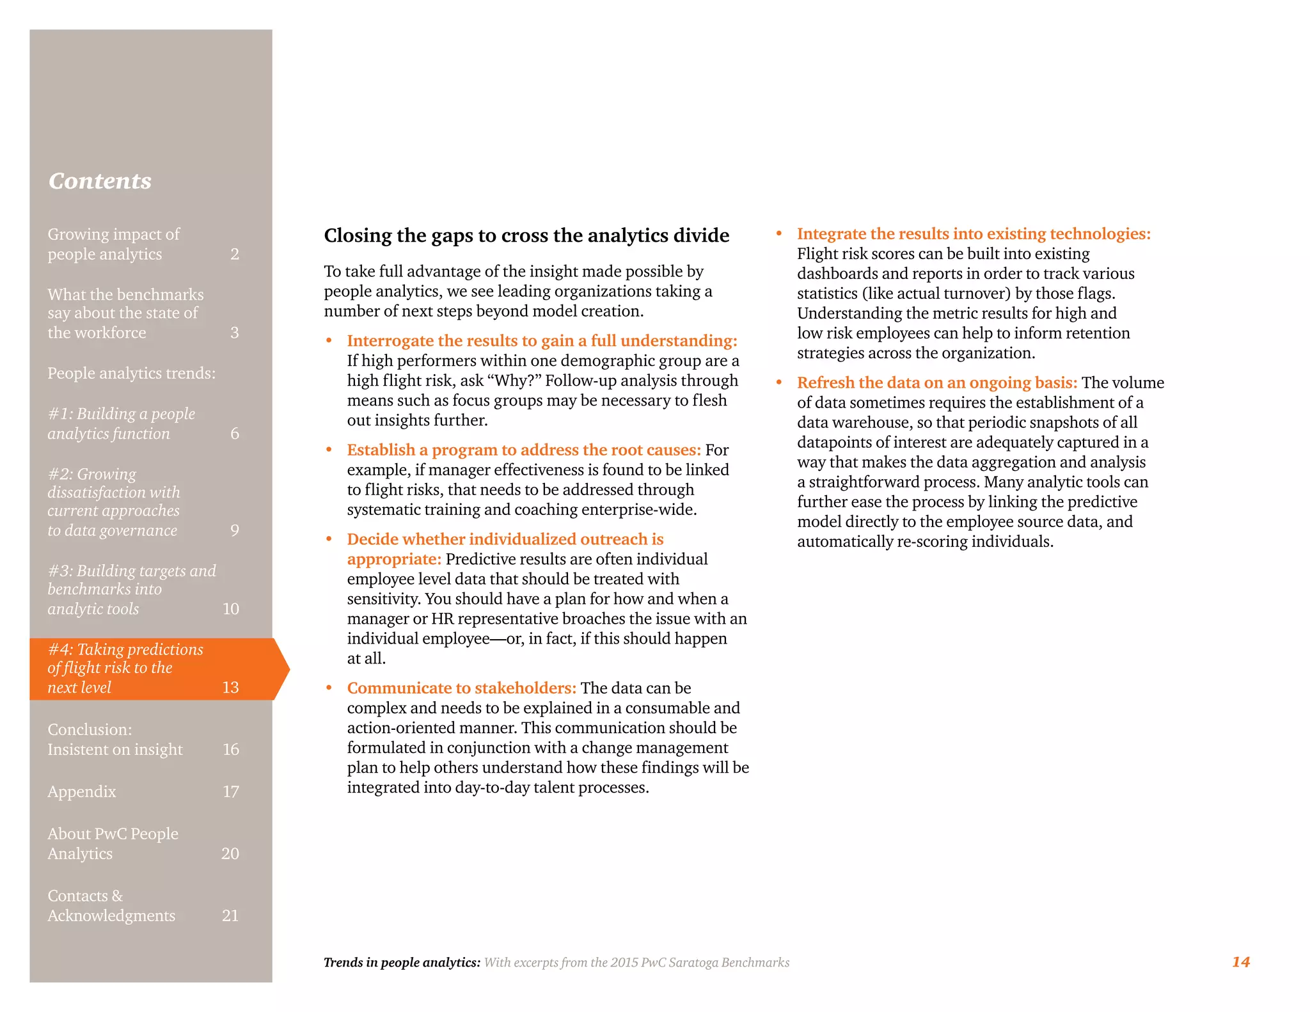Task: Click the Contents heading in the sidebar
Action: (x=100, y=181)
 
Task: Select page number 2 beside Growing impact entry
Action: (x=235, y=254)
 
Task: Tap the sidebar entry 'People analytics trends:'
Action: (x=131, y=373)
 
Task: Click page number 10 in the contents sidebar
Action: (x=230, y=608)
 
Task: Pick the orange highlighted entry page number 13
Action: (x=230, y=687)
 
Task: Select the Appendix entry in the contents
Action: (x=82, y=791)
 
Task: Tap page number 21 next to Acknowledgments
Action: (x=230, y=915)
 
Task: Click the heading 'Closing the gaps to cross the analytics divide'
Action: (x=526, y=235)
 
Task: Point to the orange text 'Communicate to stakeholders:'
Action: (x=461, y=688)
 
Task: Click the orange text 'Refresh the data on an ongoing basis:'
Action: (x=936, y=383)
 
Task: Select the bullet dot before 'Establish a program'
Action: (x=329, y=450)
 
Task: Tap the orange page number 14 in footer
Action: (x=1240, y=961)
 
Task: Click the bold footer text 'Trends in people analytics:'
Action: (x=402, y=962)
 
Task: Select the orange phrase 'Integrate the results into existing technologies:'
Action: (x=973, y=233)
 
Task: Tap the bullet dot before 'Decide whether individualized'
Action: (x=329, y=539)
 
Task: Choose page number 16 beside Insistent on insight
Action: (x=230, y=749)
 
